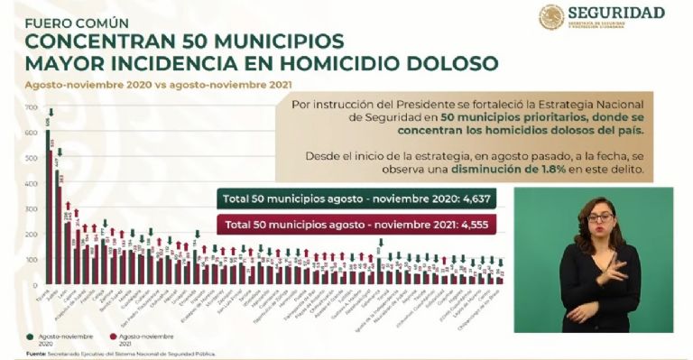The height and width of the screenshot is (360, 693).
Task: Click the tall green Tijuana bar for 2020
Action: [48, 208]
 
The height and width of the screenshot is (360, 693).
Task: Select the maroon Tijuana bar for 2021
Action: [52, 217]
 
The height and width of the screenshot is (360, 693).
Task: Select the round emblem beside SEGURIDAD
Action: [551, 17]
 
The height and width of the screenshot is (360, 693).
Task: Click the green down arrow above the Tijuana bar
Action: [51, 113]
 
